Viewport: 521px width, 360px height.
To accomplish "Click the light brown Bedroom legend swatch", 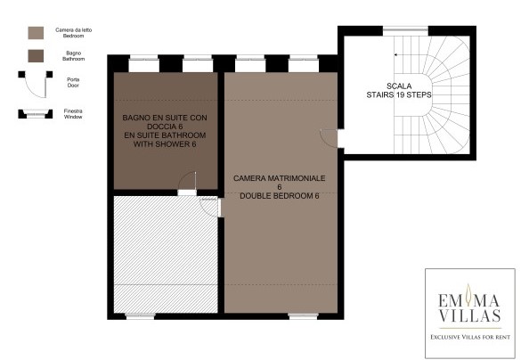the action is pyautogui.click(x=36, y=33).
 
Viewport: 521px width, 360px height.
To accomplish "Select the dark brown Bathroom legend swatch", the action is pyautogui.click(x=36, y=56).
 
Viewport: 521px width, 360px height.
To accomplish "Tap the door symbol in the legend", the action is pyautogui.click(x=36, y=84).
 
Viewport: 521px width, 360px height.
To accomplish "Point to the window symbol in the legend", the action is pyautogui.click(x=36, y=114).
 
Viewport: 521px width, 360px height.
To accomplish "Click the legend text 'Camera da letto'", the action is pyautogui.click(x=73, y=30).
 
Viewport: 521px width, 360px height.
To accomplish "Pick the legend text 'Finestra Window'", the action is pyautogui.click(x=73, y=114).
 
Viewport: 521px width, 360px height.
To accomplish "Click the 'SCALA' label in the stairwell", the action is pyautogui.click(x=399, y=86).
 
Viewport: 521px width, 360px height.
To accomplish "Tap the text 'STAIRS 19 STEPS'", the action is pyautogui.click(x=399, y=94).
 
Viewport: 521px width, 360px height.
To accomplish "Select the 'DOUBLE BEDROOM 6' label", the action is pyautogui.click(x=280, y=196).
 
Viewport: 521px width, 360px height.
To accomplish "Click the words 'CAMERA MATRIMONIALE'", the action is pyautogui.click(x=279, y=178).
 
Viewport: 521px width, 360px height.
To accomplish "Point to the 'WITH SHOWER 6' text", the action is pyautogui.click(x=165, y=144).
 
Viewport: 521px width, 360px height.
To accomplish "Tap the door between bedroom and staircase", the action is pyautogui.click(x=329, y=137).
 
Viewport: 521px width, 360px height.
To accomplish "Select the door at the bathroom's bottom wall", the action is pyautogui.click(x=187, y=184).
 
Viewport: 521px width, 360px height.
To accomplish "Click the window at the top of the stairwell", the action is pyautogui.click(x=405, y=30).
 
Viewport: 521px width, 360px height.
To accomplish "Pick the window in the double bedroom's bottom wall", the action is pyautogui.click(x=303, y=316).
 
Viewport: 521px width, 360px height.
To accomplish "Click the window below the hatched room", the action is pyautogui.click(x=140, y=316).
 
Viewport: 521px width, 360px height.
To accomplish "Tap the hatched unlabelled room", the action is pyautogui.click(x=166, y=254).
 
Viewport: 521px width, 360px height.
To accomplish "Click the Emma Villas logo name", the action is pyautogui.click(x=470, y=307).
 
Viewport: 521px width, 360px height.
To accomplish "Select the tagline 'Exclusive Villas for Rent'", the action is pyautogui.click(x=470, y=337).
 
